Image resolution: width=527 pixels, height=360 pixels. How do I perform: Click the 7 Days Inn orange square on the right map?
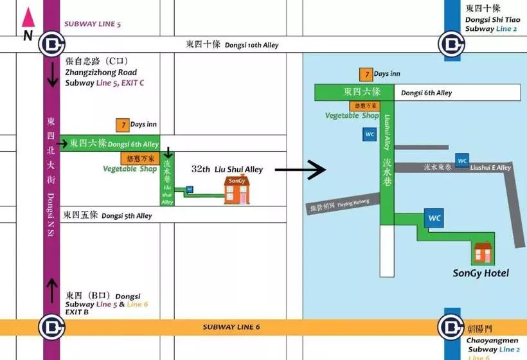click(x=365, y=74)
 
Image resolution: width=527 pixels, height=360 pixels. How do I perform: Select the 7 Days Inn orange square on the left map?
click(x=121, y=124)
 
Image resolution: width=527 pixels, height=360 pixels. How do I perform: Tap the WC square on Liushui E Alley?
click(x=461, y=160)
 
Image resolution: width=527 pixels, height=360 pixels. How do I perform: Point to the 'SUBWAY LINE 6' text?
click(x=231, y=327)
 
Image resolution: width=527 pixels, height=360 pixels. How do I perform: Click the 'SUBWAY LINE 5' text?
click(x=93, y=24)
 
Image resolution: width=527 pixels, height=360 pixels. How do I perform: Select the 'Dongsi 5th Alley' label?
click(x=127, y=215)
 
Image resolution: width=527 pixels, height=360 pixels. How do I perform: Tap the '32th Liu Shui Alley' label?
click(x=227, y=169)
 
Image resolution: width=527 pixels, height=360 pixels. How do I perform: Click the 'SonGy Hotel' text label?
click(x=480, y=273)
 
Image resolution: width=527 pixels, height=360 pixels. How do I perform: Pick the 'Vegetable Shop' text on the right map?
click(x=352, y=116)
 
